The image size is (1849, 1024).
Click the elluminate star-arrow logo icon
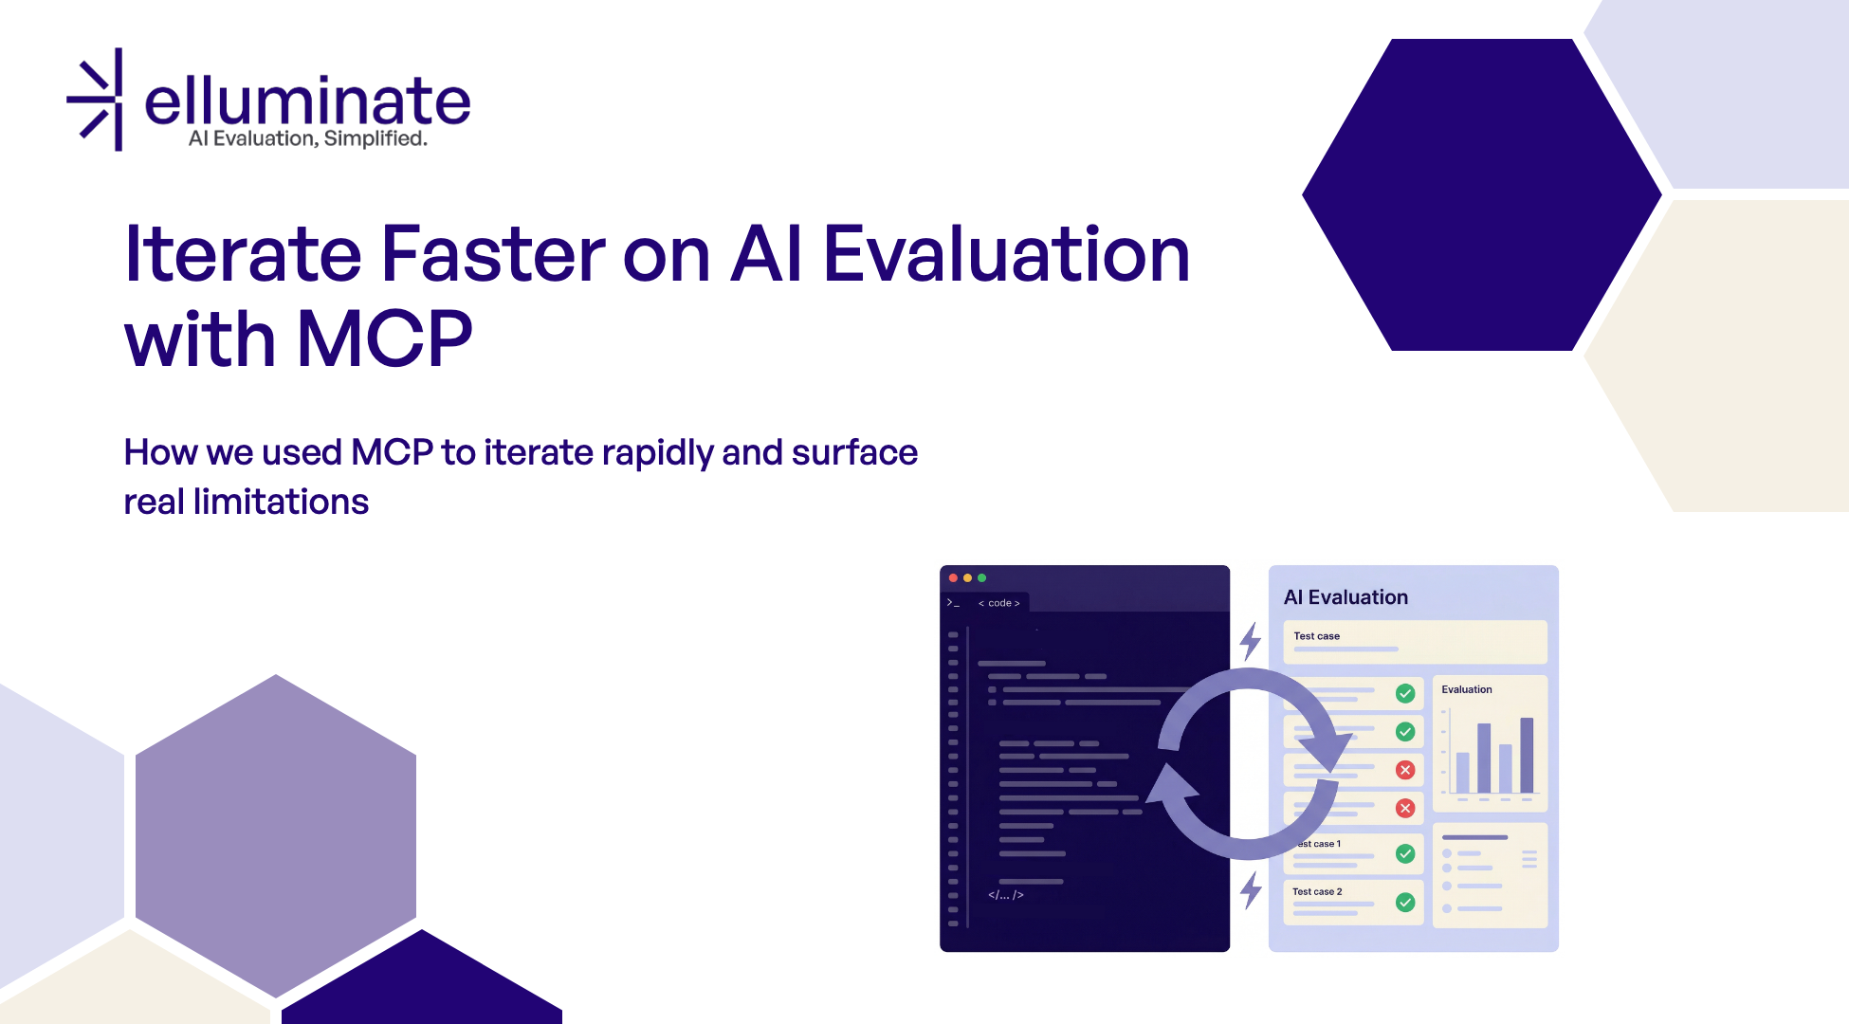(98, 100)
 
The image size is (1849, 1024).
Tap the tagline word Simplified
(375, 139)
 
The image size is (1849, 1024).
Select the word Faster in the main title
(492, 254)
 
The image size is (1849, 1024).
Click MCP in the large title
(384, 339)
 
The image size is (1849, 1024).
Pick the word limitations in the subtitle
(281, 502)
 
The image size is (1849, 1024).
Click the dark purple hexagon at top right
(1481, 194)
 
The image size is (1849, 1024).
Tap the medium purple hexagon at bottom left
(275, 835)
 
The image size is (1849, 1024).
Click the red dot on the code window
(953, 577)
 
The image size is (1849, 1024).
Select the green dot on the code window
(982, 577)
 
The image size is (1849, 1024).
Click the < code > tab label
(999, 603)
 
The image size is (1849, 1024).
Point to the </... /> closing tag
(1006, 895)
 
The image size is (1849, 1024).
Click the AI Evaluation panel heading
(1346, 597)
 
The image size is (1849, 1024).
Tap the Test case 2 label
(1317, 892)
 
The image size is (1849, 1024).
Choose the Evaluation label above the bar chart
(1467, 689)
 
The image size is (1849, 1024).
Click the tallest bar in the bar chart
(1527, 755)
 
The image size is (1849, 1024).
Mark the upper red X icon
(1405, 770)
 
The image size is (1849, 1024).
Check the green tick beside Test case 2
(1405, 903)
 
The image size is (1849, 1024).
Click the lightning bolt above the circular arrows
(1251, 641)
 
